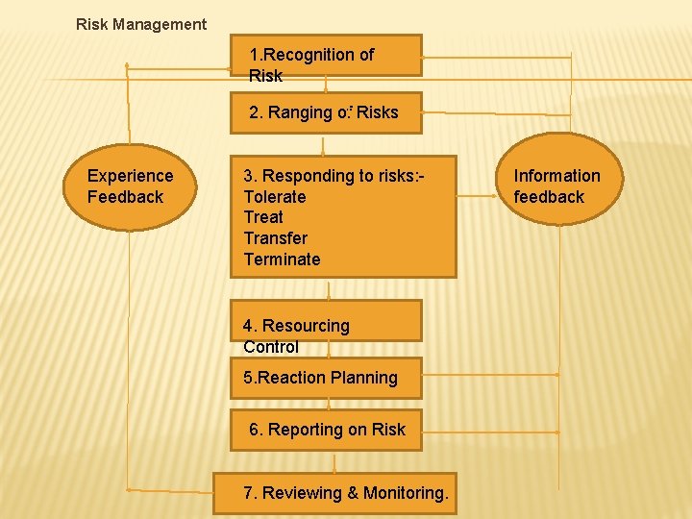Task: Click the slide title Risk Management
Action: pos(141,24)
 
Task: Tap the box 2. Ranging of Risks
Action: pos(325,113)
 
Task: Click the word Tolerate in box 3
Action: pos(275,197)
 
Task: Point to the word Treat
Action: pos(263,217)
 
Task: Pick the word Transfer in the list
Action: pos(276,238)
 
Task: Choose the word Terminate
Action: pos(282,259)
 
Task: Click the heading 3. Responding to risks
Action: pos(334,176)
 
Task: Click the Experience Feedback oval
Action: pos(131,186)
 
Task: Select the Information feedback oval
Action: pos(556,186)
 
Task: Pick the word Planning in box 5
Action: pos(364,378)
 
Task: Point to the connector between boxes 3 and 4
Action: pos(329,288)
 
